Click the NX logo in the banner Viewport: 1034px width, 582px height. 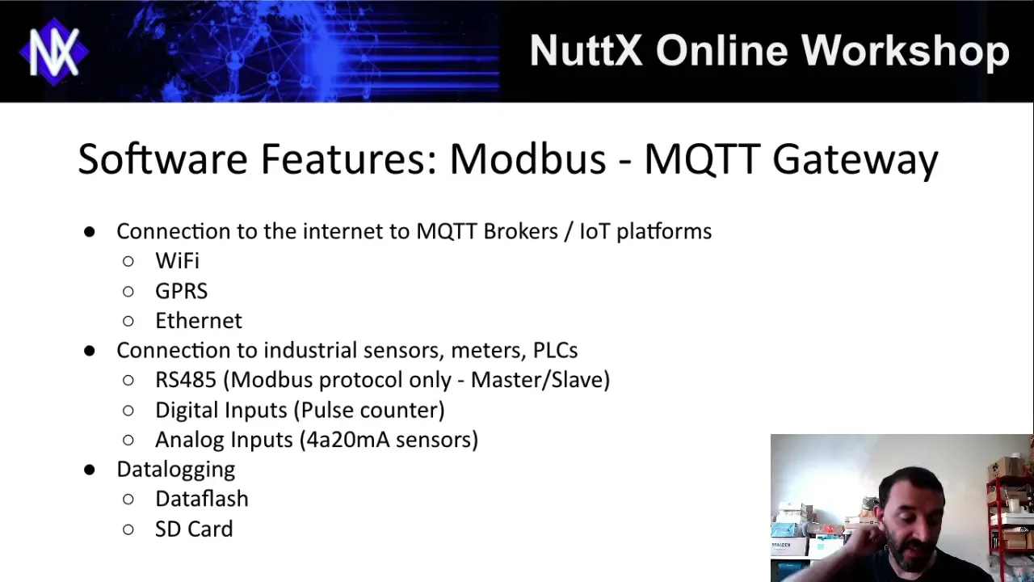(54, 52)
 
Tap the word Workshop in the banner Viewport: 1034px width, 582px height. (906, 52)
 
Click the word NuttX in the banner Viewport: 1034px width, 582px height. (586, 50)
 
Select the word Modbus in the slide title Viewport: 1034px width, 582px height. (528, 158)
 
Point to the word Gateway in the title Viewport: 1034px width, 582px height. (855, 160)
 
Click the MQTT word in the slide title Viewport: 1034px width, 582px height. (702, 159)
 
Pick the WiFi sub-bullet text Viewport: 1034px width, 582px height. (177, 261)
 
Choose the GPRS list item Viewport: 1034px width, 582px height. (182, 291)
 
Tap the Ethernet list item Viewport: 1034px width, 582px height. (199, 321)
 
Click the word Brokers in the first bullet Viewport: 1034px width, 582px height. (521, 231)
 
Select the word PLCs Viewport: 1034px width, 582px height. (555, 350)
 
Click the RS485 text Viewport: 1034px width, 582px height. (186, 380)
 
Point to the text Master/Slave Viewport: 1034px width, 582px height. (540, 380)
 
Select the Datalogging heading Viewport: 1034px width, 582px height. (176, 470)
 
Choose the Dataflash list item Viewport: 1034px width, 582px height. (202, 499)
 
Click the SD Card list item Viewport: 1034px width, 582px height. (194, 529)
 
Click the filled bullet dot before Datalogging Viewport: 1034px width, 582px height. (90, 470)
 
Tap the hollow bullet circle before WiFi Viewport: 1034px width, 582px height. (128, 261)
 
